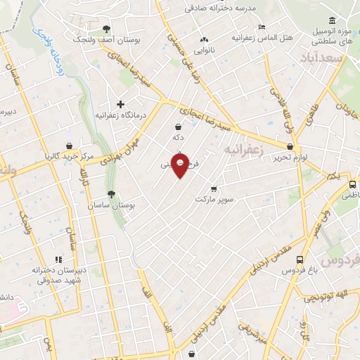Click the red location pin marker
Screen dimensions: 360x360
coord(181,166)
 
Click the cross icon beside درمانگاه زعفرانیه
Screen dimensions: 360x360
coord(121,104)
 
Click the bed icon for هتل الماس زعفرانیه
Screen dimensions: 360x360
coord(262,27)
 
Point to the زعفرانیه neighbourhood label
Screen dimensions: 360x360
coord(243,150)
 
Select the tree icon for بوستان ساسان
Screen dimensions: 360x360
coord(110,194)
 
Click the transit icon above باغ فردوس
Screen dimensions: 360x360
coord(300,259)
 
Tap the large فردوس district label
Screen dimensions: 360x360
coord(342,259)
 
